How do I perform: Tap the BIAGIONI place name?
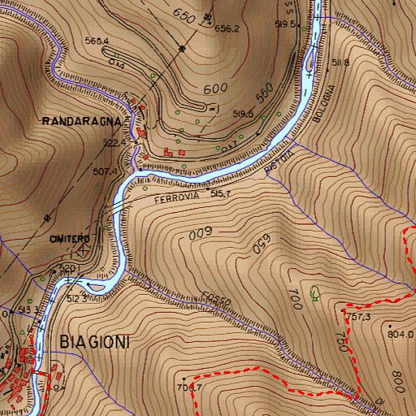point(94,342)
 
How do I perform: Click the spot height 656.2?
point(227,28)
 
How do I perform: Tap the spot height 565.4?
point(96,41)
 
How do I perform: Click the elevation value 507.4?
point(106,171)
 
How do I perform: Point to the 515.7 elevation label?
point(221,194)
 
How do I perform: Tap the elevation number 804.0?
point(401,333)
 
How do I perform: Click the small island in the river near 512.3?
point(97,286)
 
